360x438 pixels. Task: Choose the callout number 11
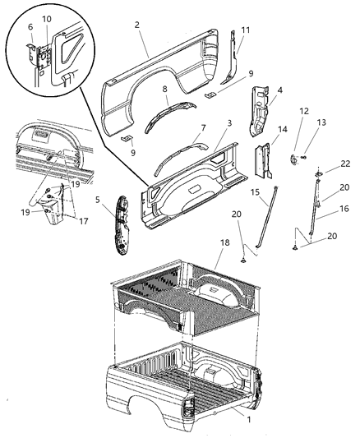[244, 30]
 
